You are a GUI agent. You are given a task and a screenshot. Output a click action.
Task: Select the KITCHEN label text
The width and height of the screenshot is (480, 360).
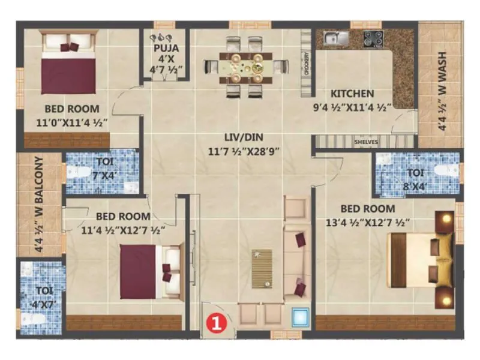click(352, 94)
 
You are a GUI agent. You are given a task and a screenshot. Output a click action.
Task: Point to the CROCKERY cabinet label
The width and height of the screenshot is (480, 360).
click(307, 64)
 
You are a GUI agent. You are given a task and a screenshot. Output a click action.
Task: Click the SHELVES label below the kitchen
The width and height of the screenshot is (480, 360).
click(365, 142)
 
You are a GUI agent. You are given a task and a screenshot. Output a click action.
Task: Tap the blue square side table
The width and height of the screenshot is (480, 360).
click(299, 316)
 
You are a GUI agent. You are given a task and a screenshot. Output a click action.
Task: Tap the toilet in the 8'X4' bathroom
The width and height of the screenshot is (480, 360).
click(444, 170)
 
